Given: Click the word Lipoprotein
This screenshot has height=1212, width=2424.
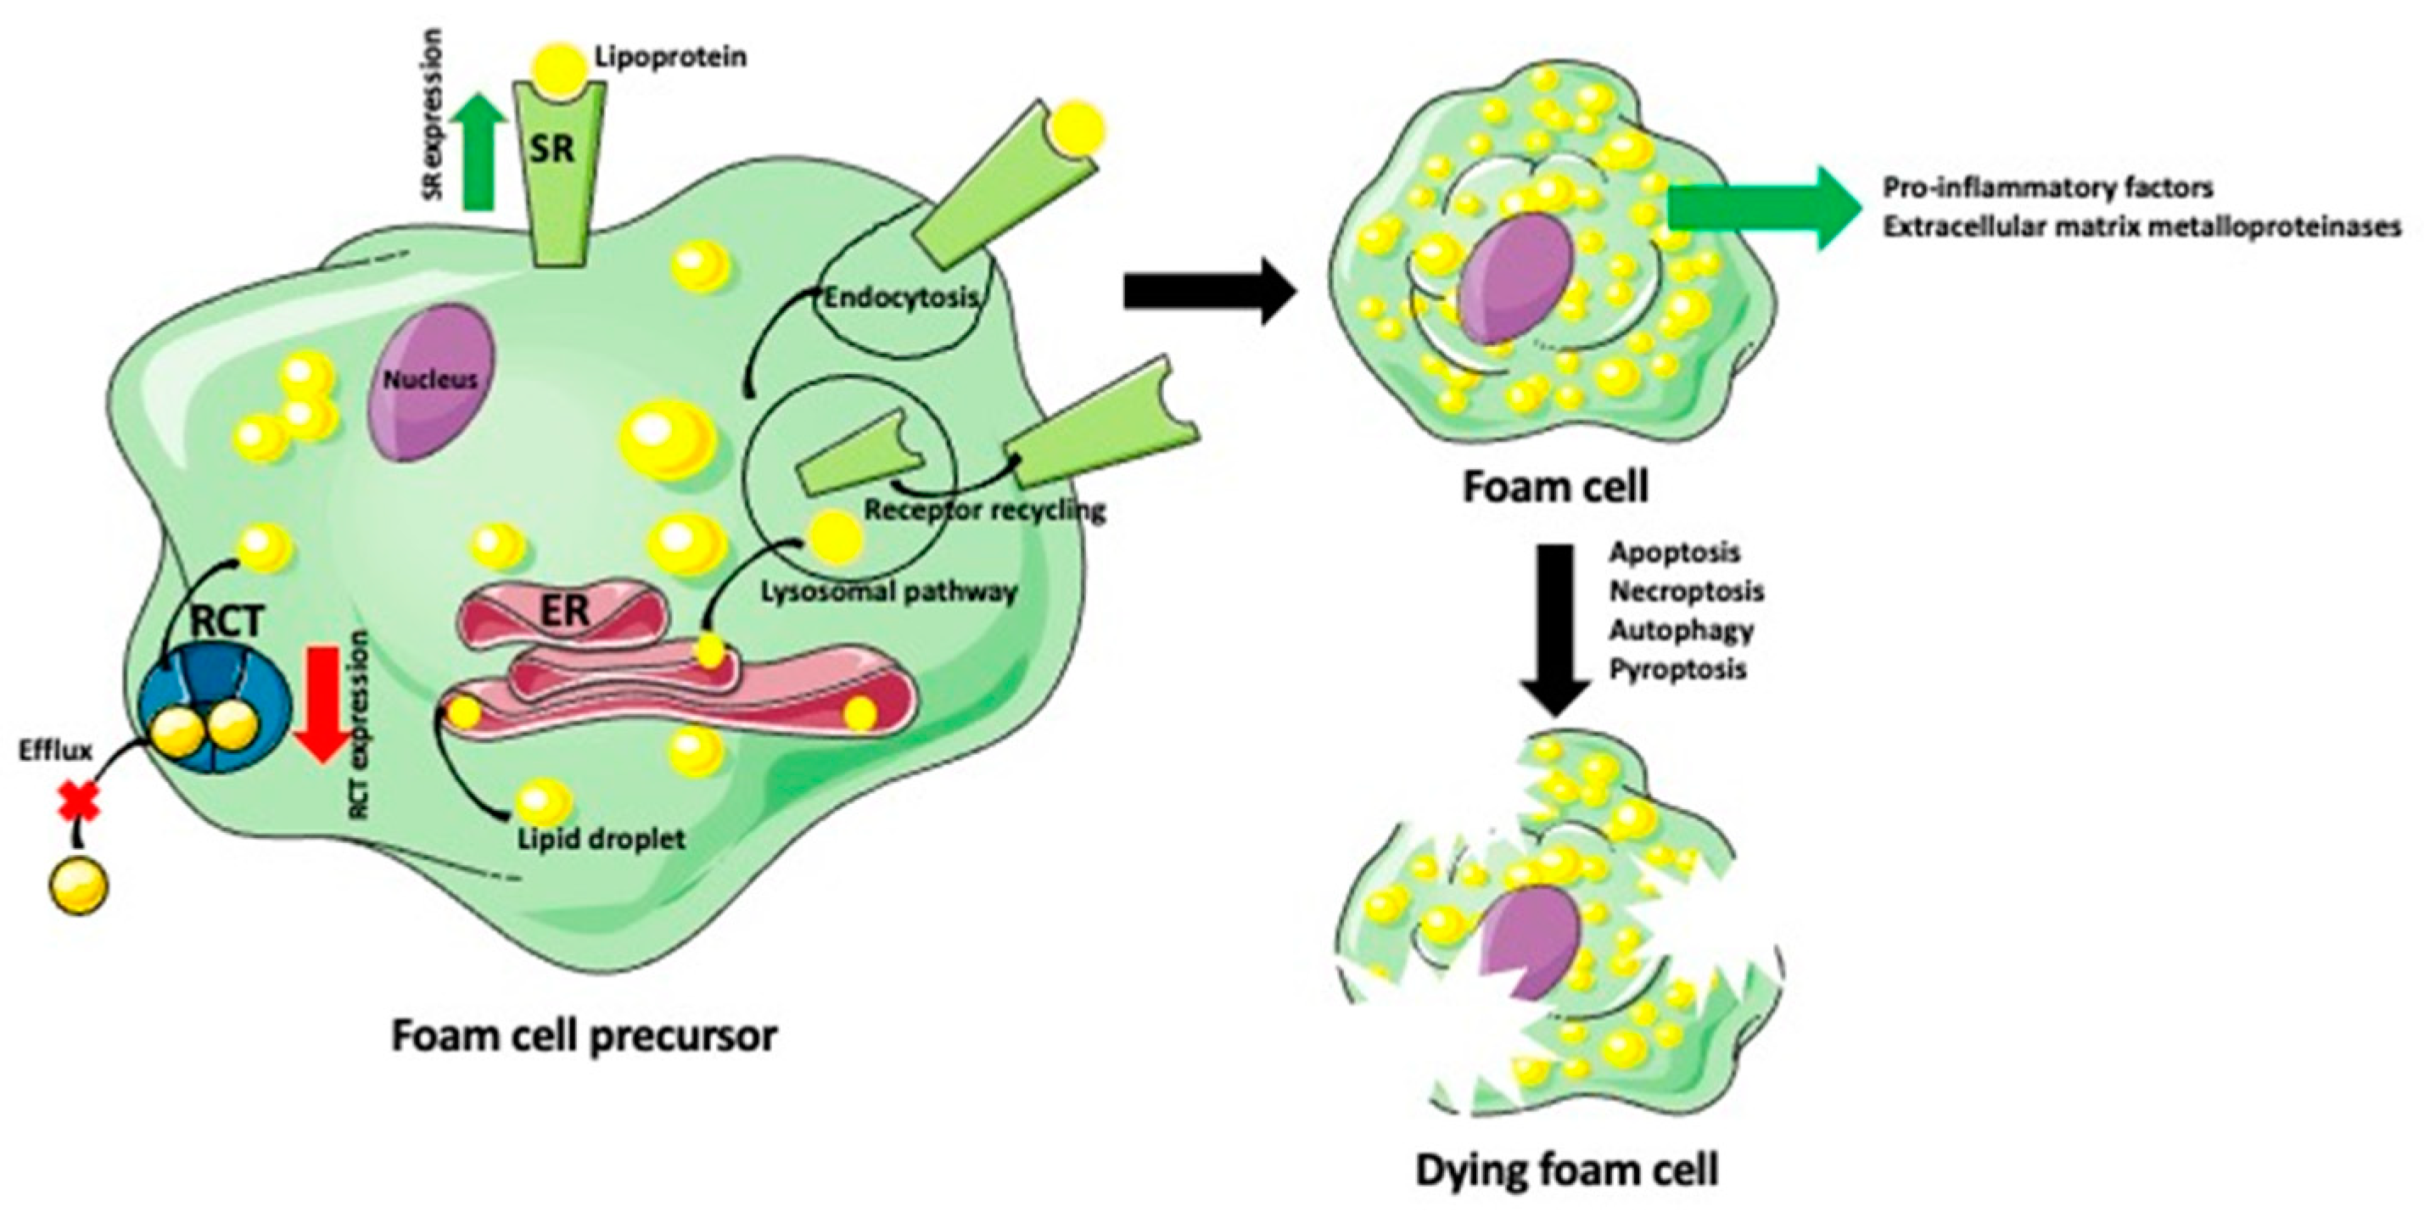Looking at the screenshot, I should coord(671,57).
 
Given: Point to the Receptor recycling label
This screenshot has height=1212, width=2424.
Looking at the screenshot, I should coord(984,510).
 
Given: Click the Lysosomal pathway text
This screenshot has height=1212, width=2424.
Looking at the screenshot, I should coord(888,592).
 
